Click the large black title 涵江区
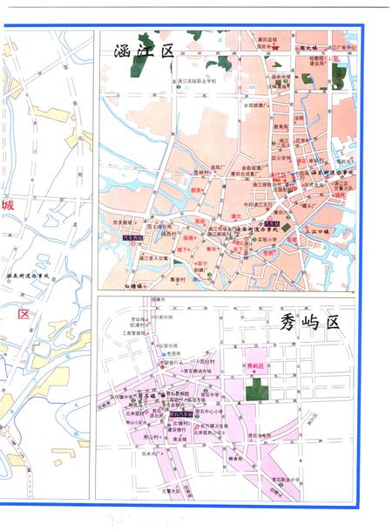[x=145, y=52]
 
